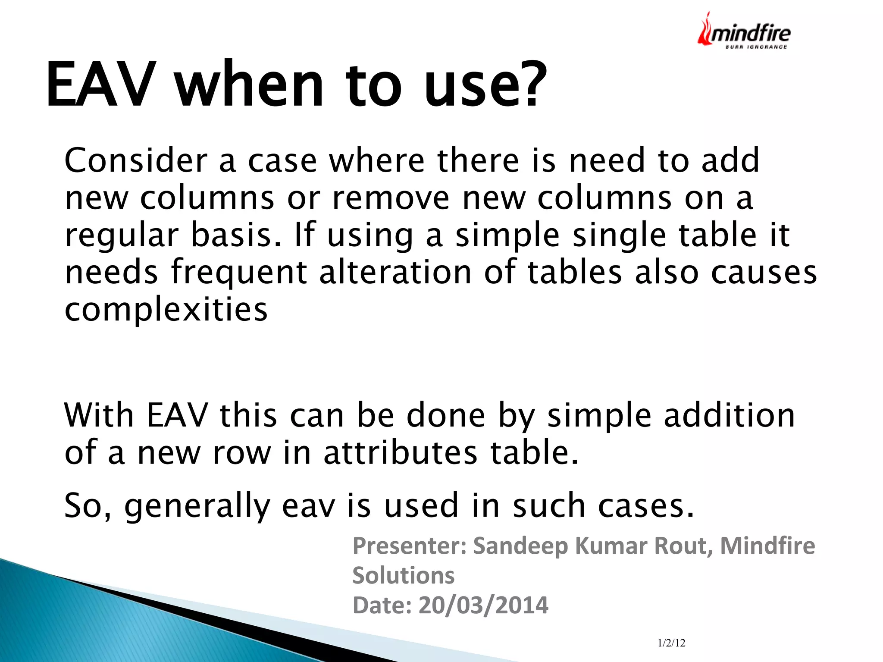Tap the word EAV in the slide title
[100, 84]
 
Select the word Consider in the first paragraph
[135, 160]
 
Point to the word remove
[391, 198]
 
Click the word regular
[121, 236]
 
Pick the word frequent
[239, 273]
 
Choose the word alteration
[395, 273]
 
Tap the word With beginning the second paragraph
[99, 415]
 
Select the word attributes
[401, 453]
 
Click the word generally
[197, 506]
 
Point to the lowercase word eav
[308, 506]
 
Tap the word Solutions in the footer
[403, 575]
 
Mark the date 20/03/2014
[483, 605]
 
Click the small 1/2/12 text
[671, 643]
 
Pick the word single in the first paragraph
[619, 235]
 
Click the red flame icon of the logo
[705, 30]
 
